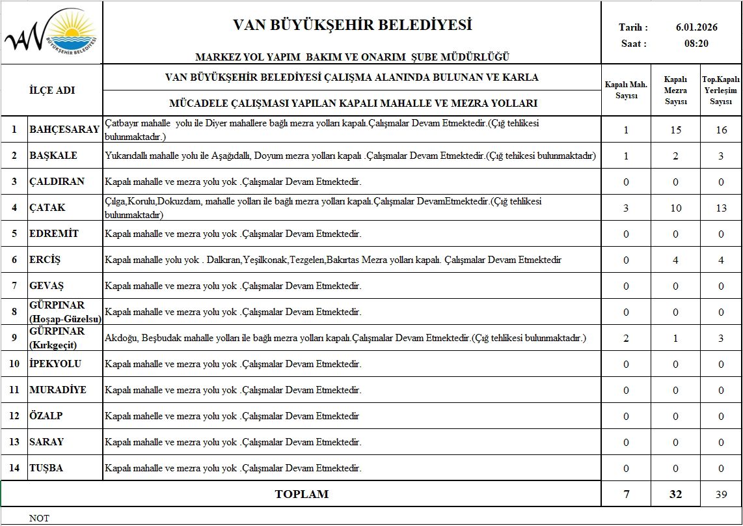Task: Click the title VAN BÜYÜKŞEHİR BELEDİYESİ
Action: click(352, 25)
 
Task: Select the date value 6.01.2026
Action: click(697, 27)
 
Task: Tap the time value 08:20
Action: click(696, 44)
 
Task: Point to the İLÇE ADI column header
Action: click(52, 90)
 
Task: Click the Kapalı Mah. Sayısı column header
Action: click(626, 90)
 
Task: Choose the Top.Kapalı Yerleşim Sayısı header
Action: click(721, 90)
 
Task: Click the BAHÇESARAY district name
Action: click(64, 130)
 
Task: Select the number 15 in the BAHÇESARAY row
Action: click(675, 130)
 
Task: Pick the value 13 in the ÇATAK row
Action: click(721, 208)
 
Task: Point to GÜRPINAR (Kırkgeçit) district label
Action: click(57, 338)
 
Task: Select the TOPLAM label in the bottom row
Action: click(301, 494)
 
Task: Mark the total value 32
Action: click(675, 494)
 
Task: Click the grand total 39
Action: click(721, 494)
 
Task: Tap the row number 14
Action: click(14, 468)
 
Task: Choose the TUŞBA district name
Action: click(46, 468)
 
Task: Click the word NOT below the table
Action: click(39, 519)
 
